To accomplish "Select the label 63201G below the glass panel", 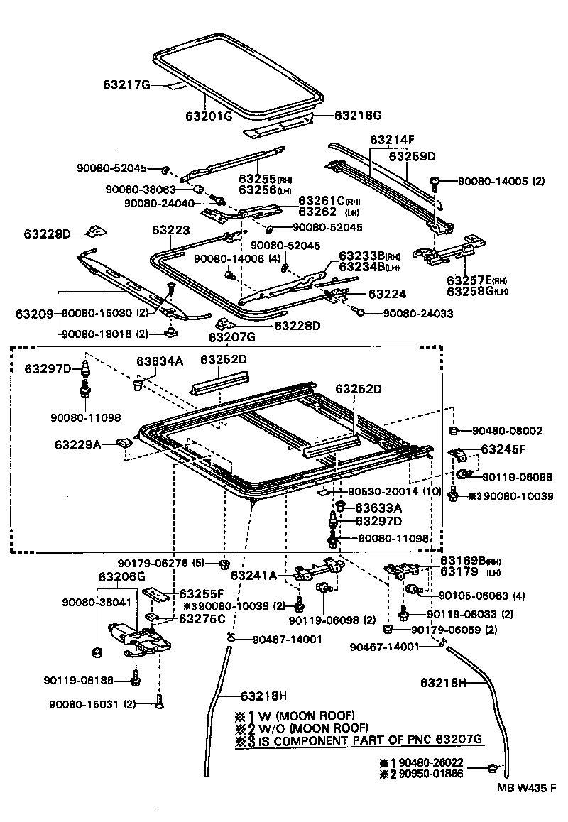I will pyautogui.click(x=209, y=116).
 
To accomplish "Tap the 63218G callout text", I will pyautogui.click(x=359, y=115).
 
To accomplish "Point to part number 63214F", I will pyautogui.click(x=392, y=140).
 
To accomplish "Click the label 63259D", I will pyautogui.click(x=413, y=155).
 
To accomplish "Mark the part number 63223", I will pyautogui.click(x=171, y=231).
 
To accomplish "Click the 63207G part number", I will pyautogui.click(x=231, y=336).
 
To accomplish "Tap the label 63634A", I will pyautogui.click(x=160, y=361).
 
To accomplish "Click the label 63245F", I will pyautogui.click(x=503, y=449).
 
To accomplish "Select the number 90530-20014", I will pyautogui.click(x=385, y=491).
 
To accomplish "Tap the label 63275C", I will pyautogui.click(x=202, y=618).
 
